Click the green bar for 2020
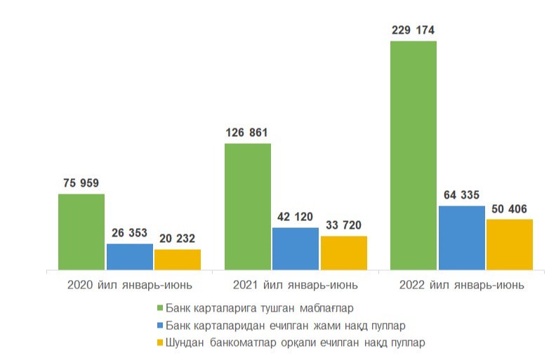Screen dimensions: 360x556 pos(81,232)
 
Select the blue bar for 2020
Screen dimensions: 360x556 pos(130,256)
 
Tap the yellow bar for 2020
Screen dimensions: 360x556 pos(178,259)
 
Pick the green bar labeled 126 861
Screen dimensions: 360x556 pos(247,206)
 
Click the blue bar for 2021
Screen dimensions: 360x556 pos(296,248)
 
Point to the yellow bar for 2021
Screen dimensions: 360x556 pos(343,253)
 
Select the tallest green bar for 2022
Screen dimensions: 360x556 pos(413,155)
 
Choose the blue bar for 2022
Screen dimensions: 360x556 pos(461,237)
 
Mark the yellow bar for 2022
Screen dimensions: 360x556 pos(510,244)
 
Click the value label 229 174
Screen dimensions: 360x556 pos(413,30)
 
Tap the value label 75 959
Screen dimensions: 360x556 pos(81,184)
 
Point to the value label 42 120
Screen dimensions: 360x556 pos(296,217)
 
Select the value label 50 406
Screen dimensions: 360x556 pos(510,209)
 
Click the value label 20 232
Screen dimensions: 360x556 pos(178,239)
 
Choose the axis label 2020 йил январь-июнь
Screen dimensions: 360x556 pos(130,286)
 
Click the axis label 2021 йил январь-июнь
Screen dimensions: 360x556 pos(296,286)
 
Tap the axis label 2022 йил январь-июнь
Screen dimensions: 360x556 pos(461,286)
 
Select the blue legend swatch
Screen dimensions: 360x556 pos(159,326)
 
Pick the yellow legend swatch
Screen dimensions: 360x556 pos(159,342)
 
